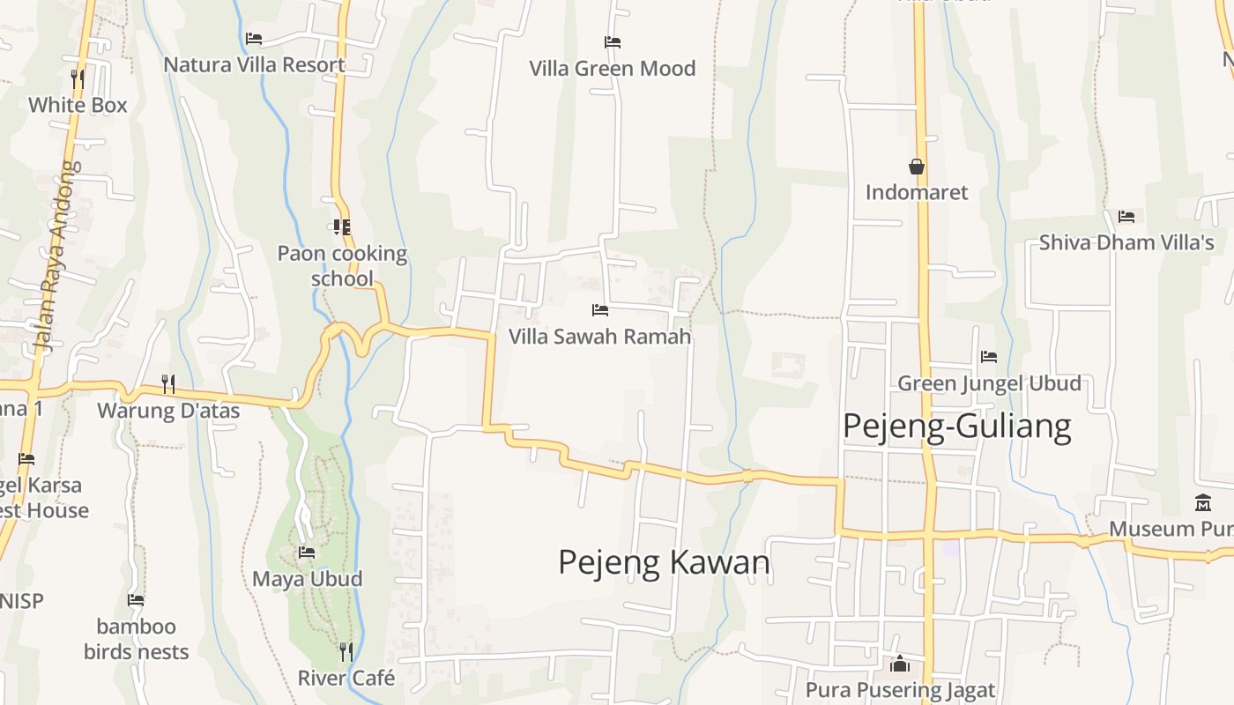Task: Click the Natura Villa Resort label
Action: [x=254, y=65]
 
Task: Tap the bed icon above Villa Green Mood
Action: [x=613, y=41]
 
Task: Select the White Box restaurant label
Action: [x=78, y=105]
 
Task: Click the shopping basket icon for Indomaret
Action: [x=917, y=166]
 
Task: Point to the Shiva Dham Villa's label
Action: [x=1126, y=242]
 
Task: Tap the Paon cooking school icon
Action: [x=342, y=227]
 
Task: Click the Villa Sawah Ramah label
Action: [x=599, y=337]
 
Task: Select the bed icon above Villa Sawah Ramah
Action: [x=600, y=310]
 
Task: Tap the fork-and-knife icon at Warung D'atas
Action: [x=168, y=383]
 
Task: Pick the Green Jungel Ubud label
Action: [x=989, y=383]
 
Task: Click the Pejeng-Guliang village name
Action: [x=956, y=427]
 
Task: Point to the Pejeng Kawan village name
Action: [x=664, y=562]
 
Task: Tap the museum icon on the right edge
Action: [x=1203, y=503]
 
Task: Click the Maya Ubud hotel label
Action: [x=307, y=579]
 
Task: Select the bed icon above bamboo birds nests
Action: [x=136, y=600]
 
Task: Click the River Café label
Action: [x=346, y=678]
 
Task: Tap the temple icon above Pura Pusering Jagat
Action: [x=900, y=664]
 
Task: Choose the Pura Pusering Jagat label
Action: [x=900, y=690]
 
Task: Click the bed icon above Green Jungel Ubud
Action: [x=989, y=357]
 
